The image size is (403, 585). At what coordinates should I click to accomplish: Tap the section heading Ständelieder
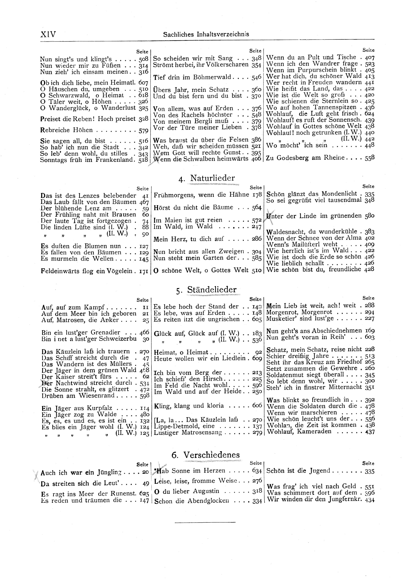pyautogui.click(x=212, y=290)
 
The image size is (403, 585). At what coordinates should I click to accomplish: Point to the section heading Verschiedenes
pyautogui.click(x=211, y=455)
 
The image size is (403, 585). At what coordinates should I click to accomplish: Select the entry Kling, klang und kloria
pyautogui.click(x=189, y=406)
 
